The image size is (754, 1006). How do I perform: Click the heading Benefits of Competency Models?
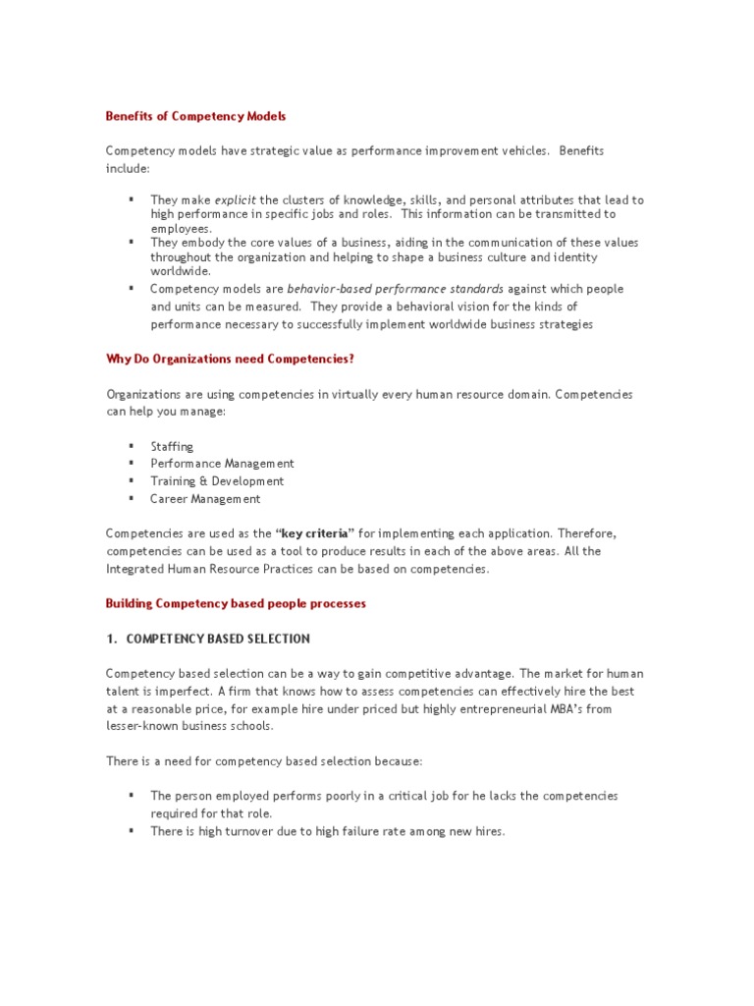tap(195, 116)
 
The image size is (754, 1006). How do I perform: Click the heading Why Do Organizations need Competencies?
tap(230, 360)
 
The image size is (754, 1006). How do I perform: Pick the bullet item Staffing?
tap(172, 446)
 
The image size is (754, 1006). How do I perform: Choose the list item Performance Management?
tap(222, 464)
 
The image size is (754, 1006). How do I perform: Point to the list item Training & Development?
tap(217, 481)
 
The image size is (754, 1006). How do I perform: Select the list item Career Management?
tap(205, 499)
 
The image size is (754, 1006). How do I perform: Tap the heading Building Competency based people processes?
tap(236, 603)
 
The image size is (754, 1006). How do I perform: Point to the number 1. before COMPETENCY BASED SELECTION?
tap(111, 639)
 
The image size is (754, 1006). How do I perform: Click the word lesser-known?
tap(139, 726)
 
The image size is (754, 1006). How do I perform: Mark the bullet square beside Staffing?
tap(131, 446)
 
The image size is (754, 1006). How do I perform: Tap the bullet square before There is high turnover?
tap(131, 831)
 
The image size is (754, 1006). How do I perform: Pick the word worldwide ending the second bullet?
tap(180, 270)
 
